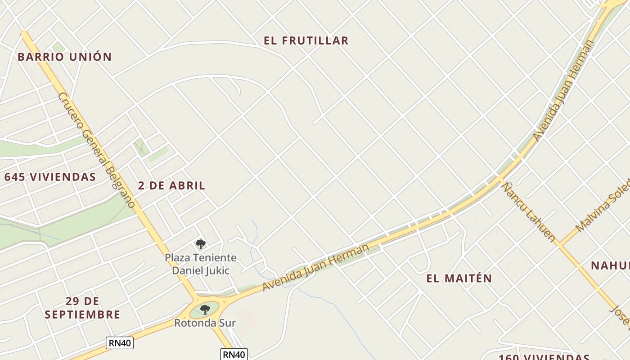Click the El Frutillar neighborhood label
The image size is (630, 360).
306,40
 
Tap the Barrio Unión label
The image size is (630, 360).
64,57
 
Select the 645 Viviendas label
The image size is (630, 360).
50,177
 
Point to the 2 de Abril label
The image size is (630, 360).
171,185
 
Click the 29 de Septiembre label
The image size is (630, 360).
82,308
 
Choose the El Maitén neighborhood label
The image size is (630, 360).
459,278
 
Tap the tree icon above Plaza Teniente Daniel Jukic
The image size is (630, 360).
201,244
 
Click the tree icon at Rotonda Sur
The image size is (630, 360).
205,309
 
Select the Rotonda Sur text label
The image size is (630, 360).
205,323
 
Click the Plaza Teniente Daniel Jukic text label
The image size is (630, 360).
201,264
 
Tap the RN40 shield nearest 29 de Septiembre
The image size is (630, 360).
120,343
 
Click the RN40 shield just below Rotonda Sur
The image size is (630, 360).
234,355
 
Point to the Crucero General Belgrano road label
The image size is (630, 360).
96,149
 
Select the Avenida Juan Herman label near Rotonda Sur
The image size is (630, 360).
316,267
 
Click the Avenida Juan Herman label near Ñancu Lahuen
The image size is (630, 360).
563,90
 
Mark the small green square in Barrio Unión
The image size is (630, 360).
58,47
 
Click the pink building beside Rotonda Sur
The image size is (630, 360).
247,321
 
